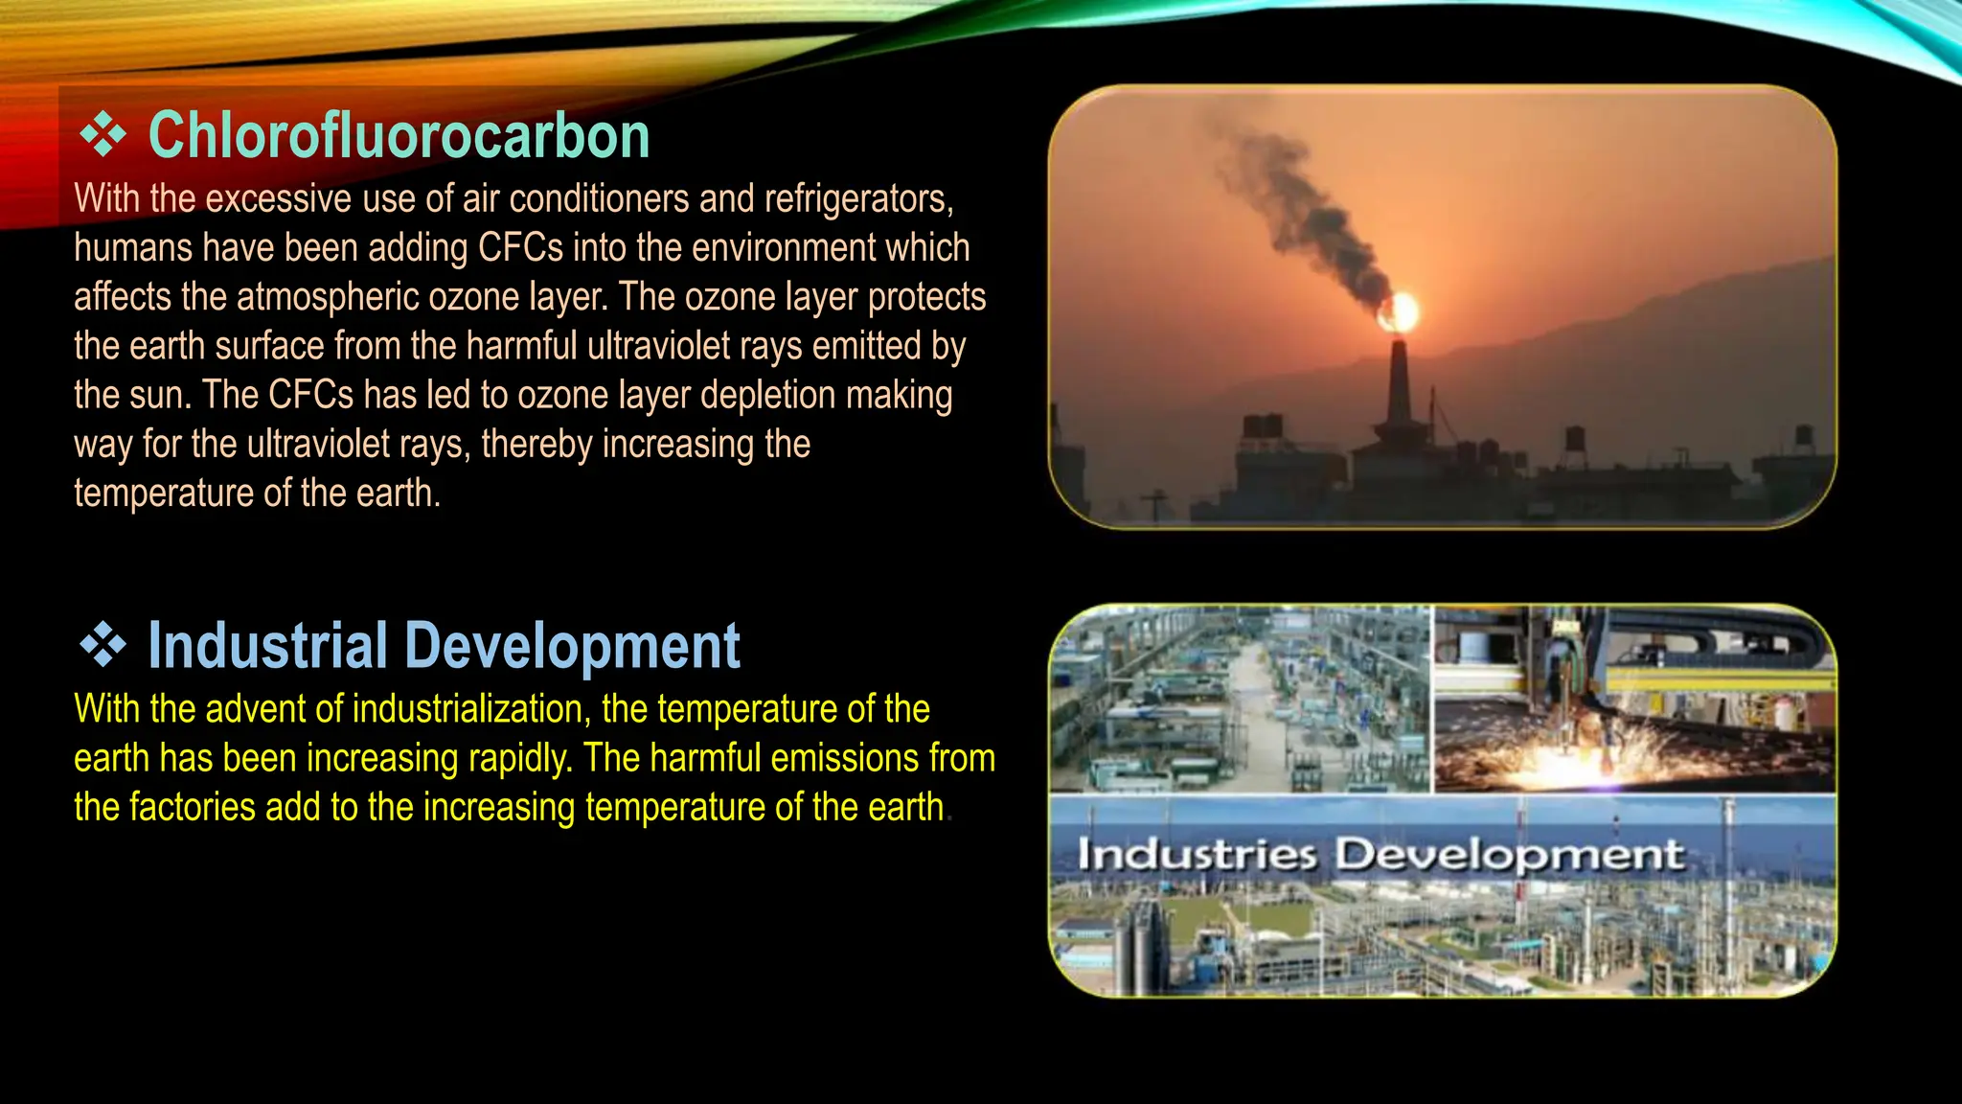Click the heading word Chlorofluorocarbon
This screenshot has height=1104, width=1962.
399,136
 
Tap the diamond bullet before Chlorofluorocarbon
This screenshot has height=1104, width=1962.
103,135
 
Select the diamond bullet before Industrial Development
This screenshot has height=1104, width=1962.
103,645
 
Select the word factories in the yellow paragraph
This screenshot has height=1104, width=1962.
192,808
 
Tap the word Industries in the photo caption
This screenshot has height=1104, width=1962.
1197,854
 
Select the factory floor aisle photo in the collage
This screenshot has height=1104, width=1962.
1240,700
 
